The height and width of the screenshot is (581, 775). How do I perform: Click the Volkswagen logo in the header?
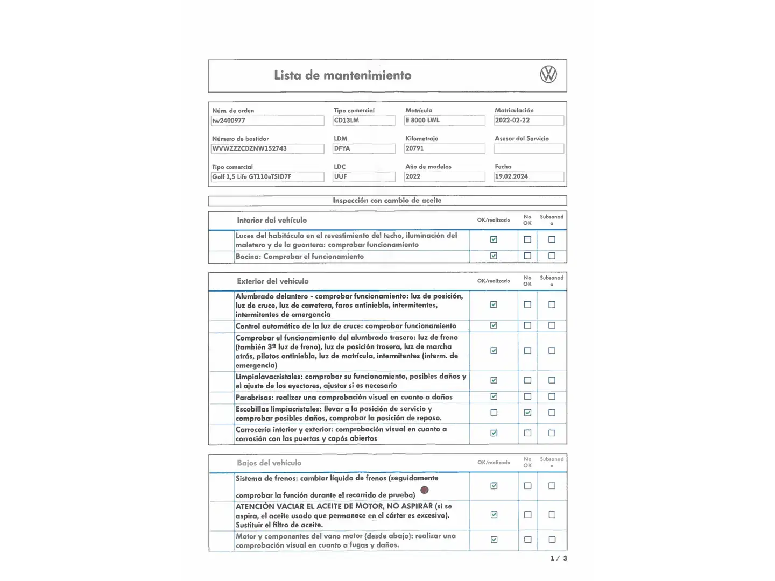pyautogui.click(x=548, y=75)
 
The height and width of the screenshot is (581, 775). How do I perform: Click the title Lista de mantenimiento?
pyautogui.click(x=342, y=75)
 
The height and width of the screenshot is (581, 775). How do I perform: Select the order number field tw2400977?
pyautogui.click(x=267, y=121)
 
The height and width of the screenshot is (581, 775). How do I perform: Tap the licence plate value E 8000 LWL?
pyautogui.click(x=445, y=121)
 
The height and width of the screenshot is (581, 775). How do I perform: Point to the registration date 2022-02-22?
pyautogui.click(x=529, y=121)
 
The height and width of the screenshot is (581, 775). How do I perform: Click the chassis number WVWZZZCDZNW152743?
pyautogui.click(x=267, y=148)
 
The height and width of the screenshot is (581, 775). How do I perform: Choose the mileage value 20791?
pyautogui.click(x=445, y=148)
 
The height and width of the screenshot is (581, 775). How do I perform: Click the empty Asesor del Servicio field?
pyautogui.click(x=529, y=148)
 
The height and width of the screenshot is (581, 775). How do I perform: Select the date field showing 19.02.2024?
pyautogui.click(x=529, y=176)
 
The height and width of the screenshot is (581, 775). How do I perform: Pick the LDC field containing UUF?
pyautogui.click(x=364, y=176)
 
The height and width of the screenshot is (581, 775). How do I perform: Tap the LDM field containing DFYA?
pyautogui.click(x=364, y=148)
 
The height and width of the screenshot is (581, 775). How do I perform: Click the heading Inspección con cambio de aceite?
pyautogui.click(x=387, y=201)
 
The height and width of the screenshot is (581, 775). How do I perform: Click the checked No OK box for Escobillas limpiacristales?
pyautogui.click(x=527, y=413)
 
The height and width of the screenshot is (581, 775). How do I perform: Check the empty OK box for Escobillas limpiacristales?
pyautogui.click(x=494, y=413)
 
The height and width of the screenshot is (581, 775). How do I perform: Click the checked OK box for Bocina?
pyautogui.click(x=494, y=256)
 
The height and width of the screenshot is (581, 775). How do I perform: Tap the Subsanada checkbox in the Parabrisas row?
pyautogui.click(x=552, y=396)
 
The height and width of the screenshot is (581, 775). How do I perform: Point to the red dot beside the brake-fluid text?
pyautogui.click(x=425, y=490)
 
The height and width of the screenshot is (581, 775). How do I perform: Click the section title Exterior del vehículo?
pyautogui.click(x=273, y=281)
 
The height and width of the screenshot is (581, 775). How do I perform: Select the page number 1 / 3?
pyautogui.click(x=559, y=558)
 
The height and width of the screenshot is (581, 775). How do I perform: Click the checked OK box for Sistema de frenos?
pyautogui.click(x=494, y=486)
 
